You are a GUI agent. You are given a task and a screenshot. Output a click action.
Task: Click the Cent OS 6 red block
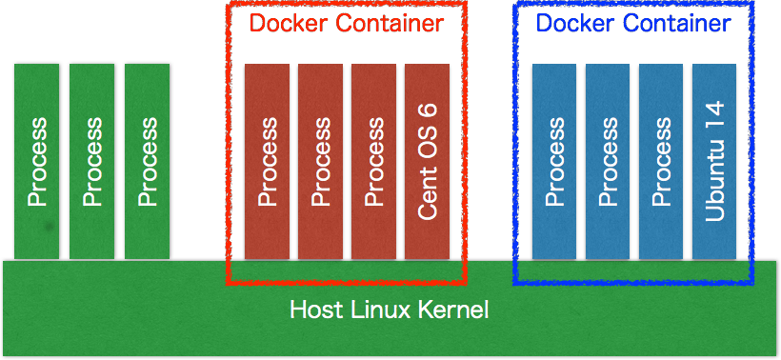(427, 161)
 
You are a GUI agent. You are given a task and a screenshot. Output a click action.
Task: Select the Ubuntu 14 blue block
(714, 161)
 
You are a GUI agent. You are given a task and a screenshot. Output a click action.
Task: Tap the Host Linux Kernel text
(389, 310)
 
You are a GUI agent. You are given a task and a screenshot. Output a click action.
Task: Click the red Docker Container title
(347, 23)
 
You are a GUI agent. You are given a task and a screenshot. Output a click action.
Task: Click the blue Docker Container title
(633, 23)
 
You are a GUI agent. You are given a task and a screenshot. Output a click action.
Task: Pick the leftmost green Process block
(36, 161)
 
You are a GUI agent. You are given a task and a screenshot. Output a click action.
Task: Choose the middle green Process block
(91, 161)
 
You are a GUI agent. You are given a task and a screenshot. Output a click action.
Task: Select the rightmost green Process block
(147, 161)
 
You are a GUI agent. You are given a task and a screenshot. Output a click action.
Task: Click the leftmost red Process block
(267, 161)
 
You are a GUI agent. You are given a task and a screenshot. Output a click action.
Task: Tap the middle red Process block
(320, 161)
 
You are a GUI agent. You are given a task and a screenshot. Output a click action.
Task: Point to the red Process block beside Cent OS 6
(373, 161)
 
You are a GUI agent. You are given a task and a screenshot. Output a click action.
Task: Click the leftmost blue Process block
(554, 161)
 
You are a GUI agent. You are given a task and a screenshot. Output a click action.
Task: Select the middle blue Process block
(608, 161)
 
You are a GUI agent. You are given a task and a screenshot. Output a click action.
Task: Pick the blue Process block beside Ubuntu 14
(661, 161)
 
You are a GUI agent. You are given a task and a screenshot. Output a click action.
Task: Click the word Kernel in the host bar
(454, 310)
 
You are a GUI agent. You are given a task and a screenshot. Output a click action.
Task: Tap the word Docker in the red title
(286, 23)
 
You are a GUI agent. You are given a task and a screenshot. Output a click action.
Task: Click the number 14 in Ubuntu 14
(715, 108)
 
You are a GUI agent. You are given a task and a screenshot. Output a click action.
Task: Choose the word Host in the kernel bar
(311, 310)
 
